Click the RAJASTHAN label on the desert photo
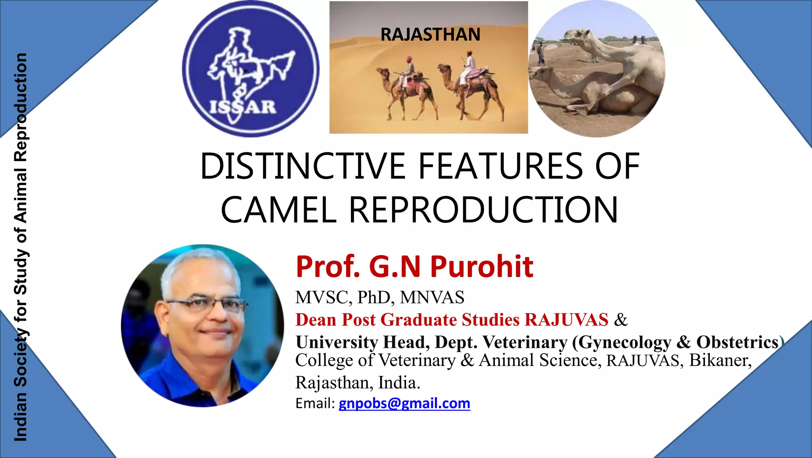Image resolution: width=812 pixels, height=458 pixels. point(430,34)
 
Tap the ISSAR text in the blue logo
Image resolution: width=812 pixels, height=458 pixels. point(242,107)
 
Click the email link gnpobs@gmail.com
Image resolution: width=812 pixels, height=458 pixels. point(404,403)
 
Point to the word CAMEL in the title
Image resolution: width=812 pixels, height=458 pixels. point(278,210)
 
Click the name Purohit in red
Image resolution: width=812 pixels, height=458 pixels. point(482,266)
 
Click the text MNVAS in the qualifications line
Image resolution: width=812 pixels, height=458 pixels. point(432,297)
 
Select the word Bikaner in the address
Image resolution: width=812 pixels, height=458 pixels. point(720,360)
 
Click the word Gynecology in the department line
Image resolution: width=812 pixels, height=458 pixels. point(622,342)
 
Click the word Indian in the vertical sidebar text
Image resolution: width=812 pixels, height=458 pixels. point(21,416)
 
